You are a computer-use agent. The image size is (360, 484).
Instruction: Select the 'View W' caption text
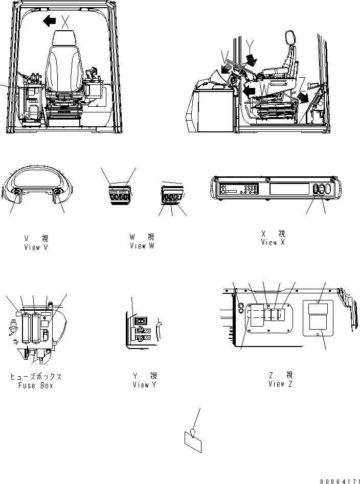click(x=142, y=246)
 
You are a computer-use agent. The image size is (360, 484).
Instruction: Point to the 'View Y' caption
click(x=141, y=385)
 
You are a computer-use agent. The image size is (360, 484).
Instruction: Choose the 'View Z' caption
click(x=280, y=384)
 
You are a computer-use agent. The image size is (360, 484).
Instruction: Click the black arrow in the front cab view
click(x=49, y=21)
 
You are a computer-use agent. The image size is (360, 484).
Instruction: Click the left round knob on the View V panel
click(x=15, y=193)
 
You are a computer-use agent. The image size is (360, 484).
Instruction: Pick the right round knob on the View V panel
click(x=57, y=193)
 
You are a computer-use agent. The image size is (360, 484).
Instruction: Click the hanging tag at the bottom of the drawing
click(x=192, y=441)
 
